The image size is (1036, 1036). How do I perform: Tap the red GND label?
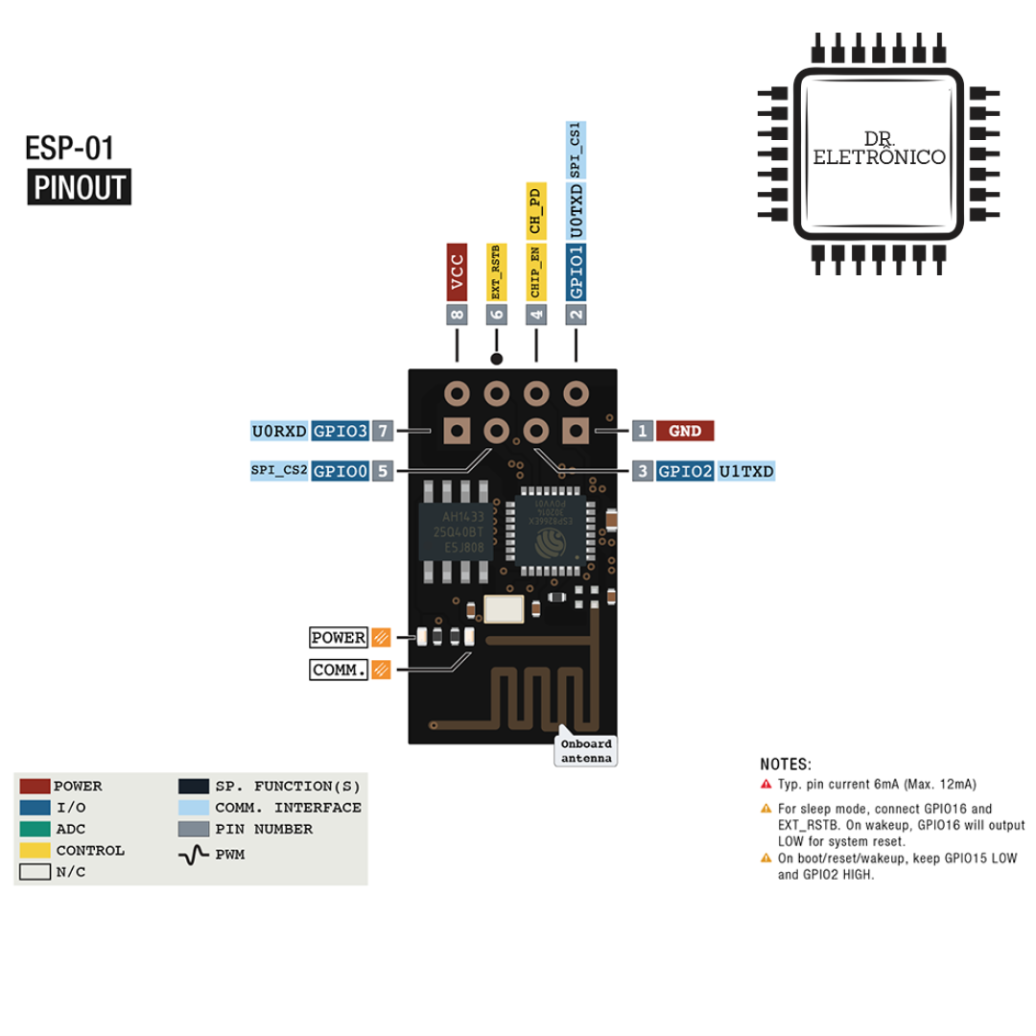click(685, 432)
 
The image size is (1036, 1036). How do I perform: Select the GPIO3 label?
click(341, 432)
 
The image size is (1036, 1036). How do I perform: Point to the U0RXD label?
click(279, 432)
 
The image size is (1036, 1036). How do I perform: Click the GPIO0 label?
click(341, 471)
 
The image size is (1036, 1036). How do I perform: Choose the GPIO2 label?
click(685, 471)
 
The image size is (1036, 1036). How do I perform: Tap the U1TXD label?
click(746, 471)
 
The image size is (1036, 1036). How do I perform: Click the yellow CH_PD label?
click(536, 212)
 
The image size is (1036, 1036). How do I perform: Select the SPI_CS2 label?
click(279, 471)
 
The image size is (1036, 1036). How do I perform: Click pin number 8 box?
click(458, 314)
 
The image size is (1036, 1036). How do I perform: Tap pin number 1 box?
click(642, 432)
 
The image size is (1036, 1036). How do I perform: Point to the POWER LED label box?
click(339, 638)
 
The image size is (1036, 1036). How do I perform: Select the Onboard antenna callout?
click(585, 751)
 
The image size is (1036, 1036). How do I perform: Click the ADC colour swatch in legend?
click(35, 829)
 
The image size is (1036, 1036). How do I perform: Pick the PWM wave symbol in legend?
click(194, 853)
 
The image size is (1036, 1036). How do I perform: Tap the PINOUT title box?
click(80, 188)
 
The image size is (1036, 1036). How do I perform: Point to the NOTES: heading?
click(786, 765)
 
